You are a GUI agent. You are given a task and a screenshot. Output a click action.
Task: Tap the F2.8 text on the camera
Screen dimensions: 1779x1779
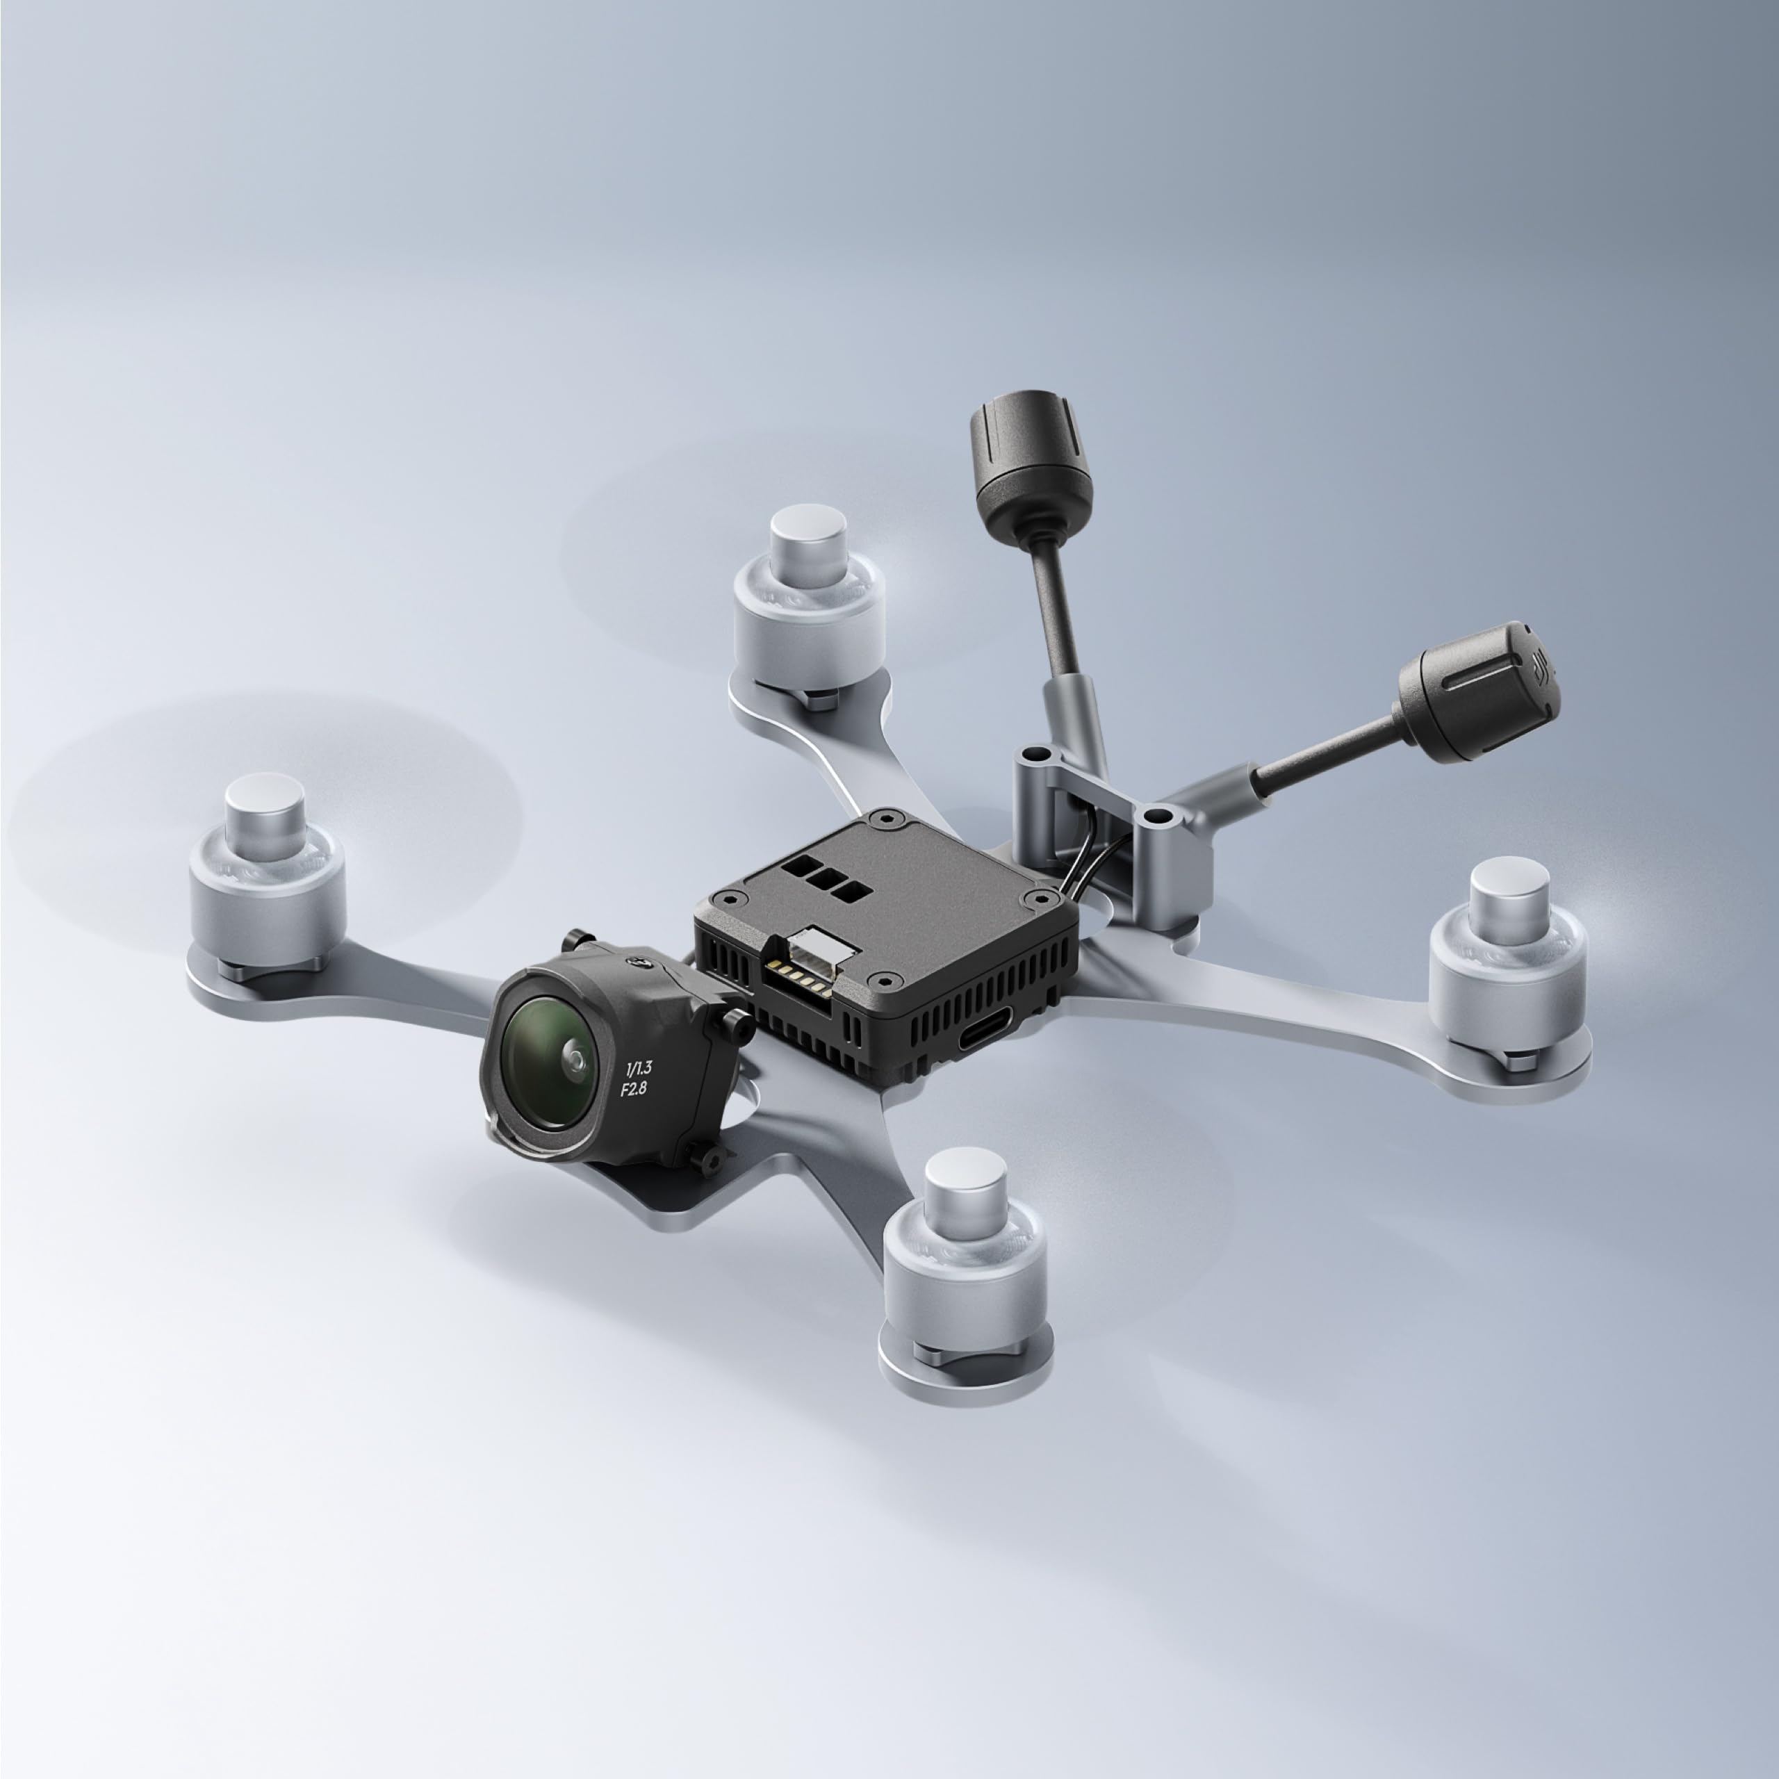(634, 1090)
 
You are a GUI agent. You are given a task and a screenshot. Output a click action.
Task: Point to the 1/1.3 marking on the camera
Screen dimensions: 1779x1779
(638, 1069)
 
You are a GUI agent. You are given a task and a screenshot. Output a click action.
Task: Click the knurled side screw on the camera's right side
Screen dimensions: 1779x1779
(734, 1022)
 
